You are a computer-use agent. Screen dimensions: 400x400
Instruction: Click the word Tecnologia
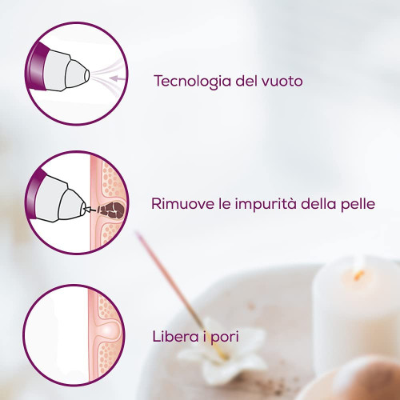(192, 82)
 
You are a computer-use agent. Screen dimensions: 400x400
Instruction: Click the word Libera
(176, 336)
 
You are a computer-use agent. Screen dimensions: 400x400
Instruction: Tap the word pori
(225, 338)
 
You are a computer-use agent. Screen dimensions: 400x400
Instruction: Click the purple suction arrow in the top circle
(118, 78)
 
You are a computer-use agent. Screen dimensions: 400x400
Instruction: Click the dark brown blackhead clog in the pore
(111, 210)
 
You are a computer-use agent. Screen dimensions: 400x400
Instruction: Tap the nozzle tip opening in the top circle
(87, 75)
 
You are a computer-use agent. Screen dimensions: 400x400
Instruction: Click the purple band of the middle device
(35, 194)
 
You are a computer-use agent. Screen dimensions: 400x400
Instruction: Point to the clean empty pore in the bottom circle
(109, 331)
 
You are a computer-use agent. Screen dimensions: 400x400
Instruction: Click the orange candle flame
(358, 275)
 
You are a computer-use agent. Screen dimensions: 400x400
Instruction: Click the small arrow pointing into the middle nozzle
(90, 210)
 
